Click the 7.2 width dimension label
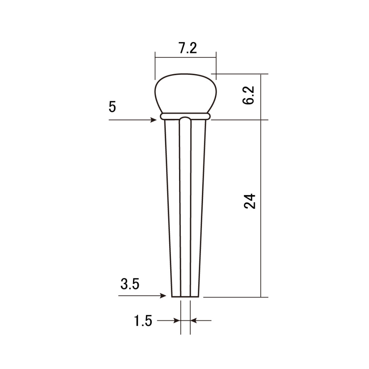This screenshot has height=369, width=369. [188, 48]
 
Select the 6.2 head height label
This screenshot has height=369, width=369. [248, 95]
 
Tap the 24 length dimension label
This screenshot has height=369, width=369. [249, 201]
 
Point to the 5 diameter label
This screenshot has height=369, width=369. [112, 107]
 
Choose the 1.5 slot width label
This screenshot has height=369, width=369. [143, 321]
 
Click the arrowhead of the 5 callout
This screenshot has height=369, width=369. [154, 120]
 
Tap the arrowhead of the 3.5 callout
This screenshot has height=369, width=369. [163, 296]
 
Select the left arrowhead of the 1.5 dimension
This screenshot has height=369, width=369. [177, 321]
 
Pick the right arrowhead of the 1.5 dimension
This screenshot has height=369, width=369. [194, 321]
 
